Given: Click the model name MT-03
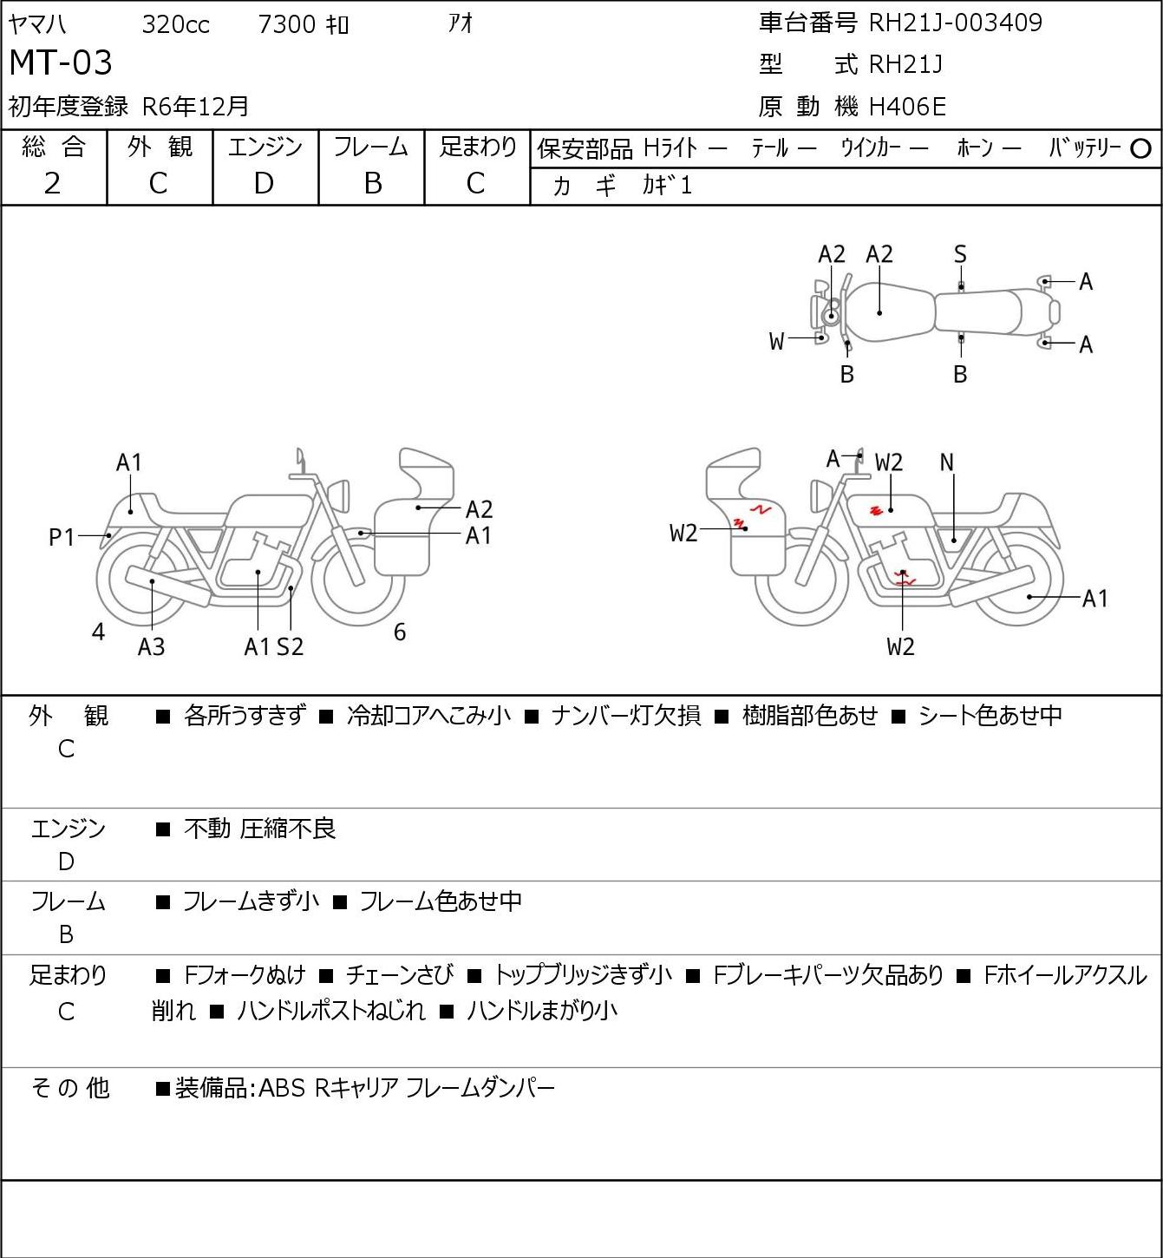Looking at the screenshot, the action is point(61,62).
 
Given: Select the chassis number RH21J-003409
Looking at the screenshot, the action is point(955,23).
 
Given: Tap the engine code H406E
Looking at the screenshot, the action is point(907,107).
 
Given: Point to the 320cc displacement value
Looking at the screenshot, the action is point(175,24).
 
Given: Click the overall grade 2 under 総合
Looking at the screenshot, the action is point(53,184).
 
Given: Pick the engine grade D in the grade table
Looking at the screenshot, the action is point(264,184).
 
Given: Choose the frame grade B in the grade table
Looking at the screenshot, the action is point(372,184).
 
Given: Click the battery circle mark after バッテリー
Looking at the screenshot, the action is point(1140,149).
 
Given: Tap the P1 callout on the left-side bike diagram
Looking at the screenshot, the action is point(62,537).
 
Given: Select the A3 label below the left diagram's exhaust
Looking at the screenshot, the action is point(152,646).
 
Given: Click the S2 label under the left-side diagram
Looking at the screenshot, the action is point(291,646).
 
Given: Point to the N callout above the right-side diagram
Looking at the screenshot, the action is point(946,462).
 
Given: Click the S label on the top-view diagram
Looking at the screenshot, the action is point(960,255).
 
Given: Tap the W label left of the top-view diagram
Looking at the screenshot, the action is point(776,342).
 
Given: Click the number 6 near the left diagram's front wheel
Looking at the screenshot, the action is point(400,632).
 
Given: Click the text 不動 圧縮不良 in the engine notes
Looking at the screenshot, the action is point(259,829).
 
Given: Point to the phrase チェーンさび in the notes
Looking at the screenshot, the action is point(399,975).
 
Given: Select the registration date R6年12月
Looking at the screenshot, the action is point(196,107).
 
